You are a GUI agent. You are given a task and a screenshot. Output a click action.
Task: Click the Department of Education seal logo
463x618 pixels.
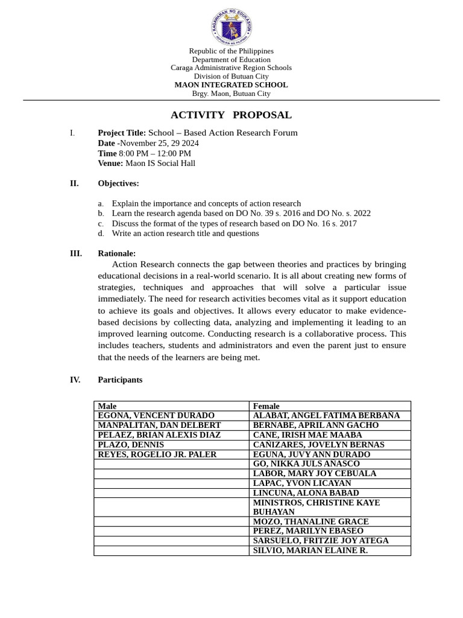pyautogui.click(x=231, y=27)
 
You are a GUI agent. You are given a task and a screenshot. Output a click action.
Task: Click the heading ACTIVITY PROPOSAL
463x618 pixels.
pyautogui.click(x=231, y=115)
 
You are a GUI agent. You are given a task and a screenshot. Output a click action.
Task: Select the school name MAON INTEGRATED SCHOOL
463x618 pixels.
pyautogui.click(x=231, y=85)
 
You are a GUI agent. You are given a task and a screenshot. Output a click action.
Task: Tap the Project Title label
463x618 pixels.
pyautogui.click(x=122, y=133)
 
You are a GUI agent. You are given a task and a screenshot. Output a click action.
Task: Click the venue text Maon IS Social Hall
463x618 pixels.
pyautogui.click(x=160, y=163)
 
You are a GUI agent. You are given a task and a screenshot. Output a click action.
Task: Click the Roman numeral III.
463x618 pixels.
pyautogui.click(x=75, y=253)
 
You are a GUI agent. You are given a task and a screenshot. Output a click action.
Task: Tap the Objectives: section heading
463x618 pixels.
pyautogui.click(x=118, y=183)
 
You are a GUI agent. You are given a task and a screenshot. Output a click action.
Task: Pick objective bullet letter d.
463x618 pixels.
pyautogui.click(x=101, y=234)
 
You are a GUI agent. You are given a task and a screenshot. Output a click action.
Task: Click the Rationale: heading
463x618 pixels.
pyautogui.click(x=116, y=253)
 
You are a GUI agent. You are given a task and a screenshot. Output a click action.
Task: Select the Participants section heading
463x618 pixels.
pyautogui.click(x=120, y=380)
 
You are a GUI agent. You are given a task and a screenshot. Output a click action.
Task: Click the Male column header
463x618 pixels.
pyautogui.click(x=107, y=406)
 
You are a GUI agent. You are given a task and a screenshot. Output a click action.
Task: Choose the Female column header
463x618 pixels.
pyautogui.click(x=266, y=406)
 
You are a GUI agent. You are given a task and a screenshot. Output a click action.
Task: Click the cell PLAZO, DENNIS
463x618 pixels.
pyautogui.click(x=131, y=445)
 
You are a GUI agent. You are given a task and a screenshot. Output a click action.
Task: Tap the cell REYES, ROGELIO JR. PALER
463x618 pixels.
pyautogui.click(x=157, y=454)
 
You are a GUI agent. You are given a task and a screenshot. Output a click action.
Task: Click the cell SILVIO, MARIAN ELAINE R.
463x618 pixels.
pyautogui.click(x=310, y=550)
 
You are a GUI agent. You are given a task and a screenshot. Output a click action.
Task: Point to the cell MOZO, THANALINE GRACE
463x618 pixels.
pyautogui.click(x=310, y=521)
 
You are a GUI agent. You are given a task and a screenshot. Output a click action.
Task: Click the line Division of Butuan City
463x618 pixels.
pyautogui.click(x=231, y=77)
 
